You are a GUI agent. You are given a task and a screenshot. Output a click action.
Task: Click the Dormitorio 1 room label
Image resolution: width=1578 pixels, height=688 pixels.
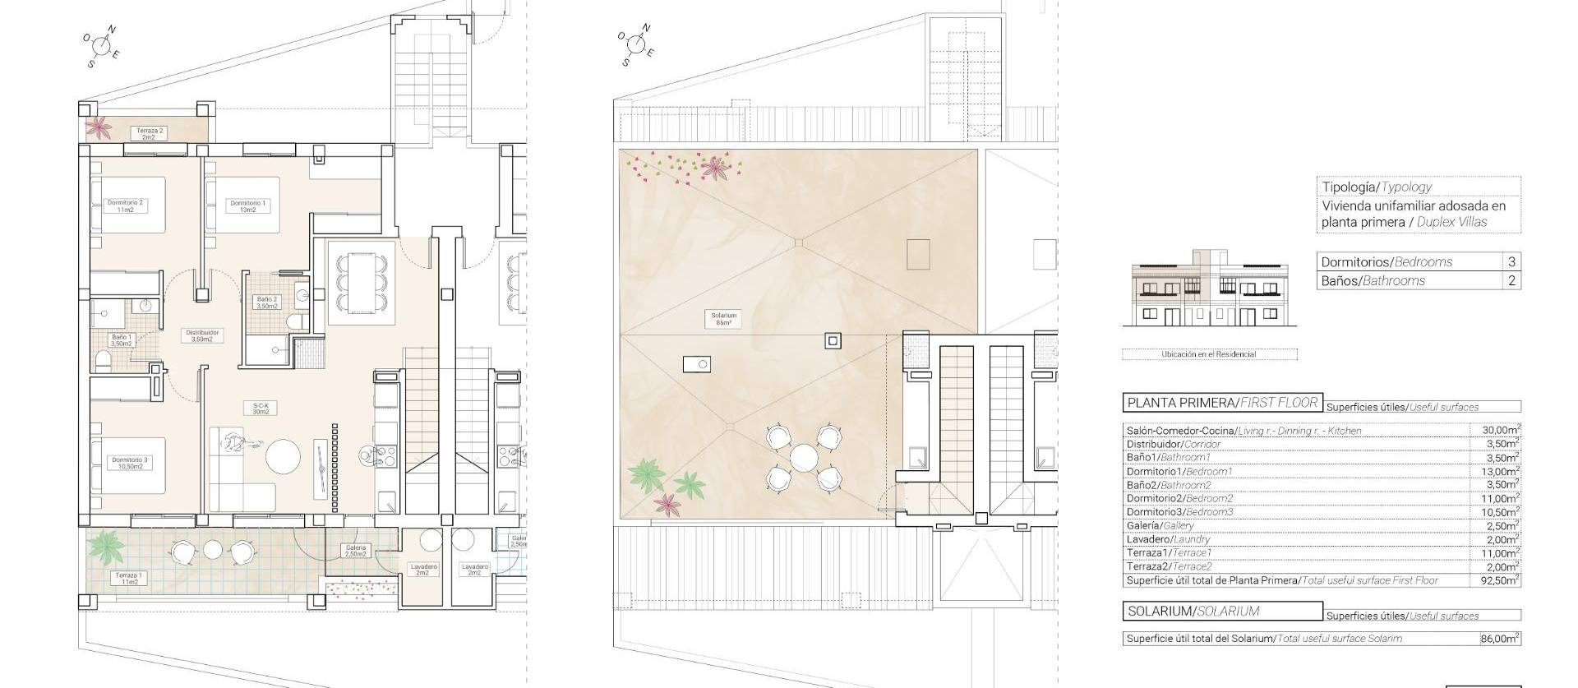point(248,206)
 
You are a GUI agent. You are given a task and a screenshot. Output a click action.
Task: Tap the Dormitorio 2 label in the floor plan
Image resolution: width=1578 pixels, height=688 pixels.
point(125,205)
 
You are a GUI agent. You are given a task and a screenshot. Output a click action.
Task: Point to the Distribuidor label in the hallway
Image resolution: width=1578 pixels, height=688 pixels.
point(201,336)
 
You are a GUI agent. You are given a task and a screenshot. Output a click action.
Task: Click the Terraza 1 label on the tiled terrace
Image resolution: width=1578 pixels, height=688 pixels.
point(128,579)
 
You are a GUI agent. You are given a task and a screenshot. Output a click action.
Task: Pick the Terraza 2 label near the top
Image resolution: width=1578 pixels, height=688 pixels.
point(149,133)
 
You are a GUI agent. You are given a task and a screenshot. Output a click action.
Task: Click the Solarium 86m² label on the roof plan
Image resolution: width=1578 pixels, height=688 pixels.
point(724,319)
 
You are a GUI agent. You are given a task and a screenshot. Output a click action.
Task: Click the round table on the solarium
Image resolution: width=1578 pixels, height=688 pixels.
point(804,456)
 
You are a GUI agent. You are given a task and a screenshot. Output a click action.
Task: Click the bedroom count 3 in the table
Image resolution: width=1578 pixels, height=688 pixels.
point(1511,261)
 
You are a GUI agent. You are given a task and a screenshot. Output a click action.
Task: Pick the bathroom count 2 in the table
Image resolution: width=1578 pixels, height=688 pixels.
point(1511,280)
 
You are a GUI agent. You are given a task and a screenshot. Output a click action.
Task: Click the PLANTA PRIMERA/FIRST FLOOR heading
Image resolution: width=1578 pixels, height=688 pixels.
point(1222,403)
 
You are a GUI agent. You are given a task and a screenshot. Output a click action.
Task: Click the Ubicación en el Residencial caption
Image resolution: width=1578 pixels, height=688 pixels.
point(1208,354)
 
